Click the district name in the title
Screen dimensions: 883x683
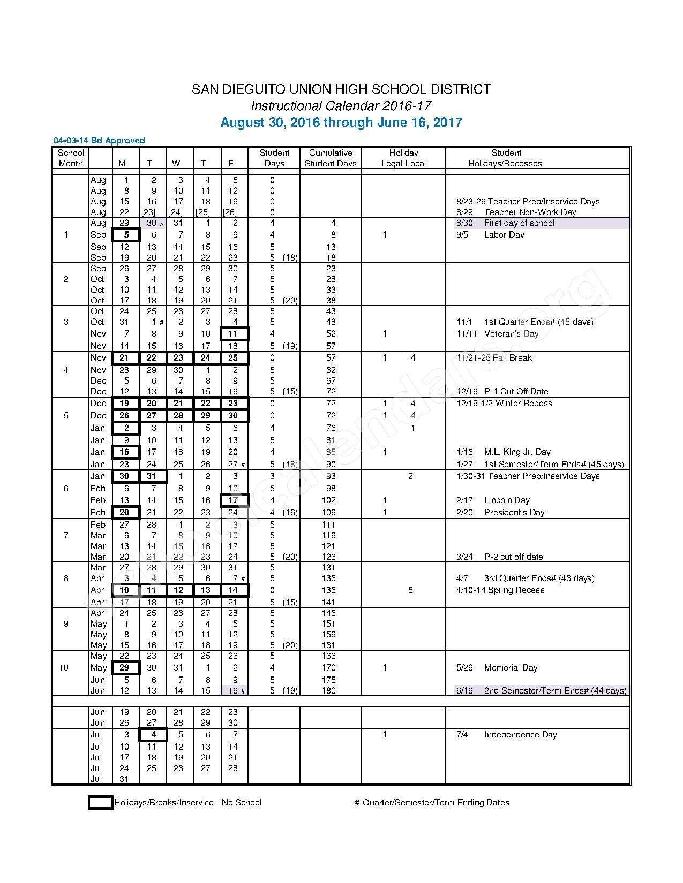click(341, 89)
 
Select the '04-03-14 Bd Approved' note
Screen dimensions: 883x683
click(99, 141)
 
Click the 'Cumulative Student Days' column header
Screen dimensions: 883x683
click(331, 158)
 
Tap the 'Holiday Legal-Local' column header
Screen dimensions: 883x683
click(403, 158)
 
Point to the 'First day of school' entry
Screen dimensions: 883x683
click(519, 223)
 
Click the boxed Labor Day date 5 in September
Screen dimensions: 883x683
click(126, 235)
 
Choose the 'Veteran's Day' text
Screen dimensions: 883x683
click(511, 334)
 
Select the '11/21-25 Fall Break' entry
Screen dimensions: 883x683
click(494, 358)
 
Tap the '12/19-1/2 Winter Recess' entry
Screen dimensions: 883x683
click(504, 404)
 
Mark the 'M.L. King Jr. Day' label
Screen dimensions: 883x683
click(517, 452)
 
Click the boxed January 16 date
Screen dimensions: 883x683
click(125, 452)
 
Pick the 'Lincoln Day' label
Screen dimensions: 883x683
click(506, 500)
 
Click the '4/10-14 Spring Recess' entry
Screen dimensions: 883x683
click(500, 590)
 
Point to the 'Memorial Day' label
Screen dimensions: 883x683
click(511, 668)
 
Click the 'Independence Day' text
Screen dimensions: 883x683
click(520, 735)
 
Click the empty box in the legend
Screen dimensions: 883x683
click(100, 802)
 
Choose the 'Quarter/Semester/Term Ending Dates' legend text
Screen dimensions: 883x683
click(436, 803)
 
